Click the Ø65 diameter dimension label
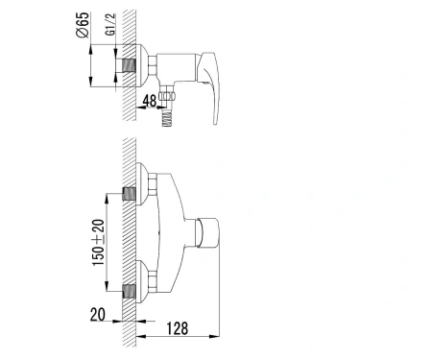point(83,25)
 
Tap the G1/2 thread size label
point(109,25)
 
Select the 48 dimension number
point(150,101)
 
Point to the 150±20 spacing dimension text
point(98,242)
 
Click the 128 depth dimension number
point(177,328)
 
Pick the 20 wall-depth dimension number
point(98,314)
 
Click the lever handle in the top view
point(209,87)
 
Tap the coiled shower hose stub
point(167,118)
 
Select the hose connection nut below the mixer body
point(167,95)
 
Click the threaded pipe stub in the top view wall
point(129,66)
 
